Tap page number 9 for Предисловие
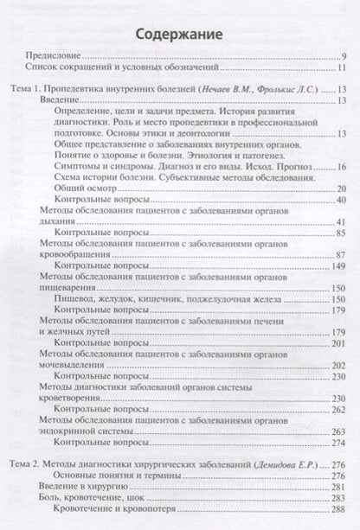coord(344,59)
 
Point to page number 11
coord(343,70)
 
